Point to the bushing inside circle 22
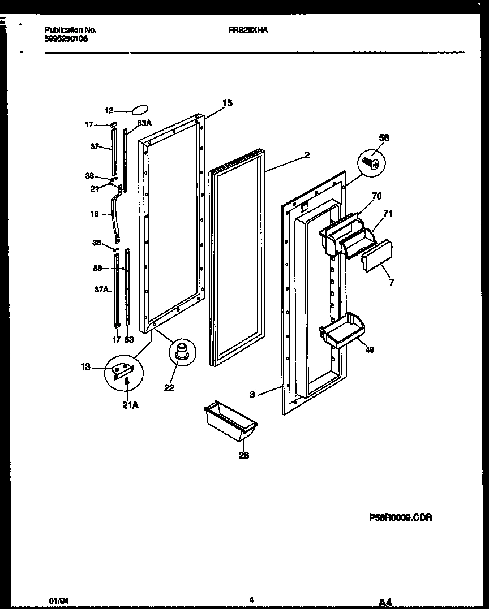(183, 351)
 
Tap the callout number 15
(227, 103)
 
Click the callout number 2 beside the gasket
(307, 155)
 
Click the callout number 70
(376, 196)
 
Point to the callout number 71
(388, 213)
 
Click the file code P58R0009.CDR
(396, 517)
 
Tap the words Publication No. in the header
(70, 31)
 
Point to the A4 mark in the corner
(385, 602)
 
